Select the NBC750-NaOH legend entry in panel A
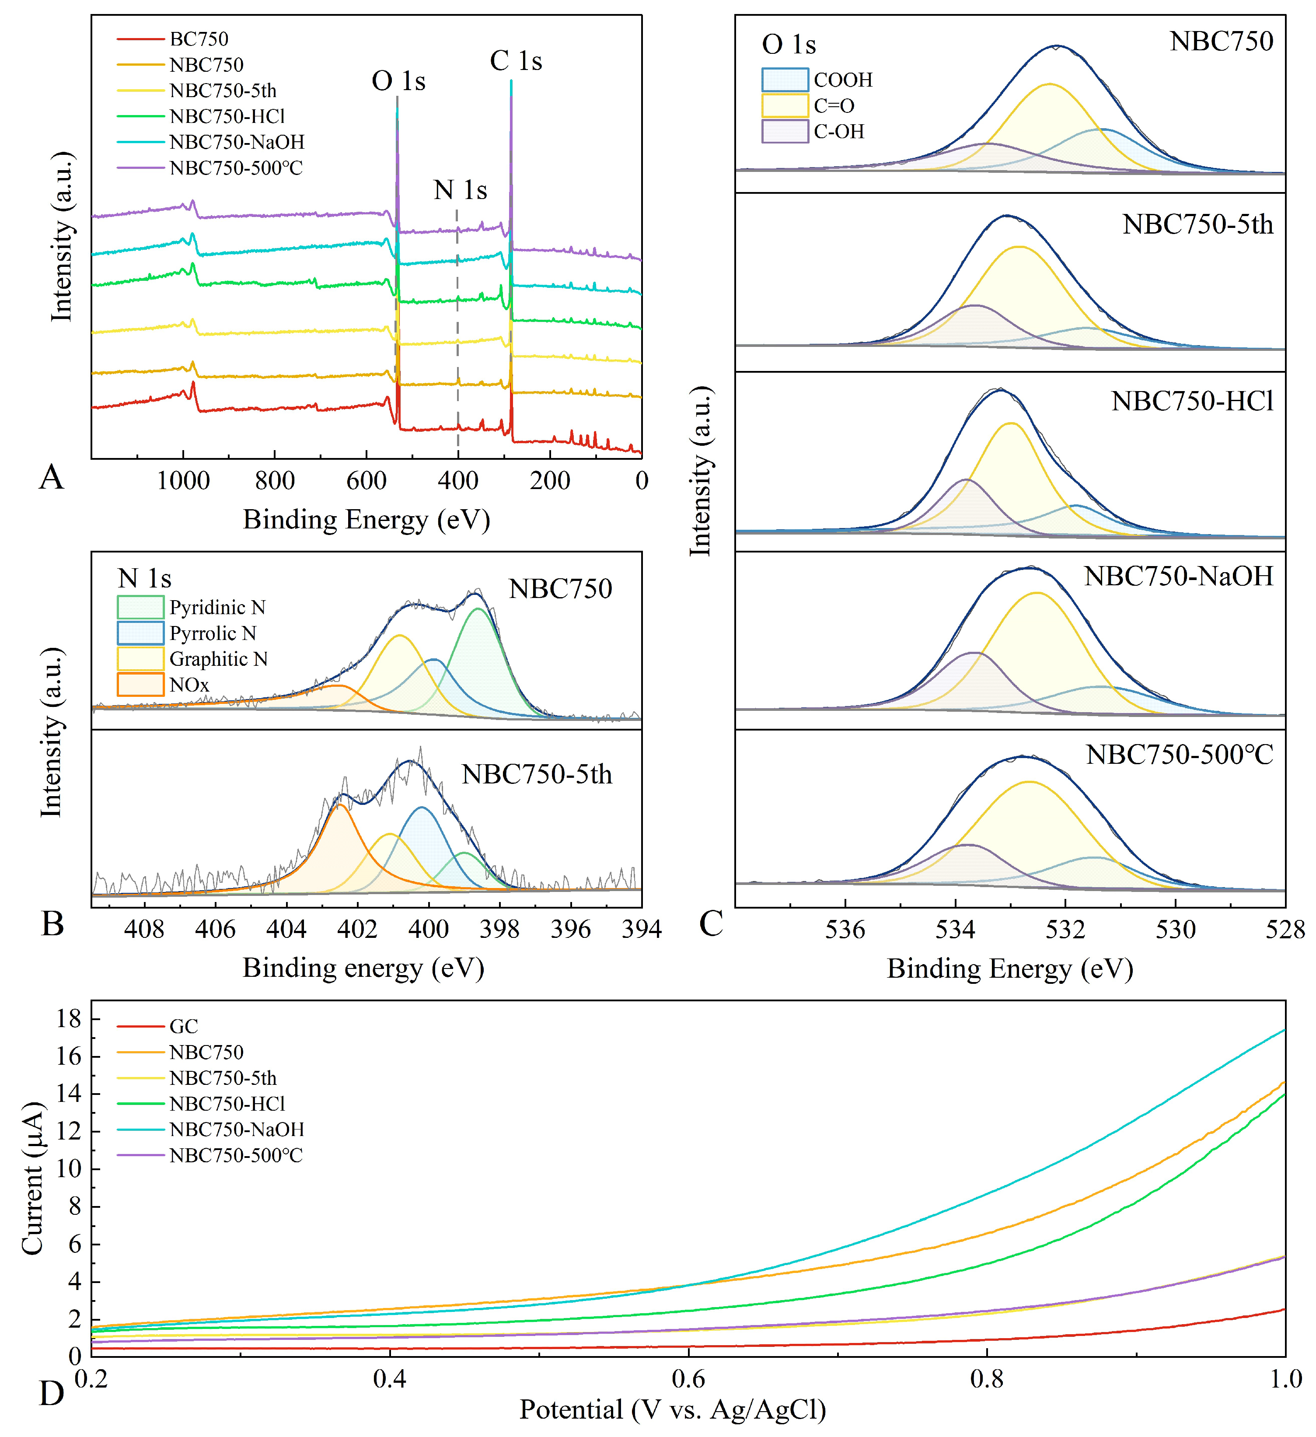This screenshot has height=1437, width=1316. point(237,142)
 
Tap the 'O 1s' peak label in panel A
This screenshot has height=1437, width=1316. point(398,81)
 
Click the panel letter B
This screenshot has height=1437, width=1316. point(53,924)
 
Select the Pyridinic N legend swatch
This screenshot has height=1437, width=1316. point(140,607)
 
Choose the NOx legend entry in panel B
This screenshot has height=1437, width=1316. point(189,685)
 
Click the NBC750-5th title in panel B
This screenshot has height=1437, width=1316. point(537,774)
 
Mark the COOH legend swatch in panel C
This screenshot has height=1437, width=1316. point(785,80)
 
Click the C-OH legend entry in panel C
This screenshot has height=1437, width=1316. point(838,132)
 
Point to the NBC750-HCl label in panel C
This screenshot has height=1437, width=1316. point(1192,402)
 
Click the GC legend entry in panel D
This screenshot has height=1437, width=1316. point(183,1026)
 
